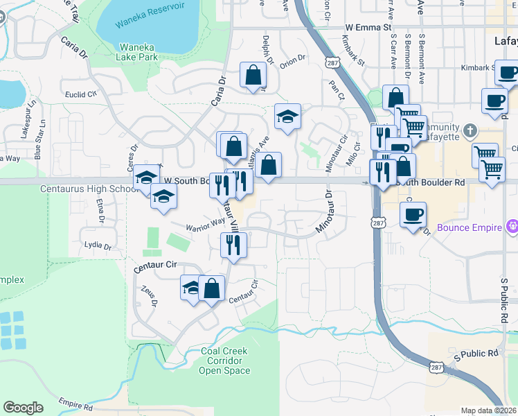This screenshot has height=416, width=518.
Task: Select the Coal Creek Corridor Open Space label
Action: pyautogui.click(x=225, y=361)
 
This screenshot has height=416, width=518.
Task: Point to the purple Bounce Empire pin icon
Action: pyautogui.click(x=512, y=225)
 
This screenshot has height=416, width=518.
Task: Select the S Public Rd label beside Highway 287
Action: pyautogui.click(x=476, y=354)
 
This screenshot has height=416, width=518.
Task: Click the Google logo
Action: pyautogui.click(x=23, y=408)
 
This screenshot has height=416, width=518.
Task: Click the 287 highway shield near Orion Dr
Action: pyautogui.click(x=333, y=63)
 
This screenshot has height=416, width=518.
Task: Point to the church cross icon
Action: pyautogui.click(x=470, y=130)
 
